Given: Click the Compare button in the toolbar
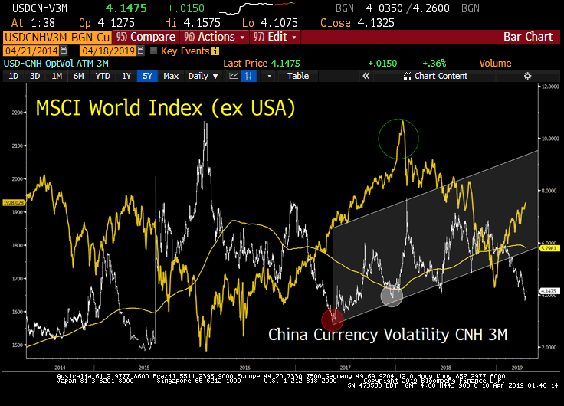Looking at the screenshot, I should tap(148, 37).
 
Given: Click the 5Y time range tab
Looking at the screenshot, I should tap(146, 76).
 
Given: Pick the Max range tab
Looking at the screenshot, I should tap(171, 76).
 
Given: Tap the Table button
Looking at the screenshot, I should tap(298, 76).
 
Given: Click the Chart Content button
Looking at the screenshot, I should tap(440, 76).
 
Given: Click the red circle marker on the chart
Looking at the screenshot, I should tap(333, 319).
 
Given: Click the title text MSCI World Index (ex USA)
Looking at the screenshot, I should tap(166, 108).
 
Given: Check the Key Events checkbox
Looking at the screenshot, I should tap(154, 51).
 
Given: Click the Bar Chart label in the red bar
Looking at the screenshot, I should tap(527, 37).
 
